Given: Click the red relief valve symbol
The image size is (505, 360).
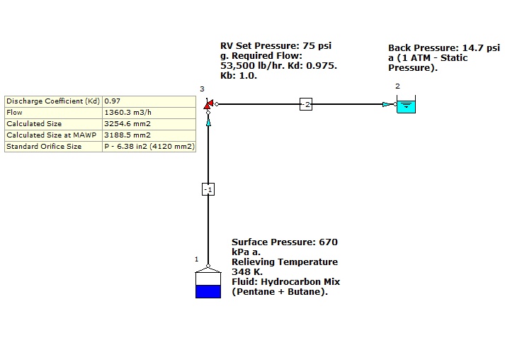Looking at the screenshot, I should (208, 104).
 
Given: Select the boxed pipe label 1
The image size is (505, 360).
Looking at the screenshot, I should (208, 189).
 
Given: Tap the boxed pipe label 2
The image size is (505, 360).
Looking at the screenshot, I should (306, 104).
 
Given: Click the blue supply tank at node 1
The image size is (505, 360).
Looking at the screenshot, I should (208, 285).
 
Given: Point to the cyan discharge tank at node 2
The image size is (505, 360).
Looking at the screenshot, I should (406, 106).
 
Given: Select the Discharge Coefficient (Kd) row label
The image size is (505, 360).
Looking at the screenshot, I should (53, 101).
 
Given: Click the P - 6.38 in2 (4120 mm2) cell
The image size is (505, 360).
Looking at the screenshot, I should (149, 146).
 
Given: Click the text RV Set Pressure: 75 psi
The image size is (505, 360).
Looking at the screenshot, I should (276, 46).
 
